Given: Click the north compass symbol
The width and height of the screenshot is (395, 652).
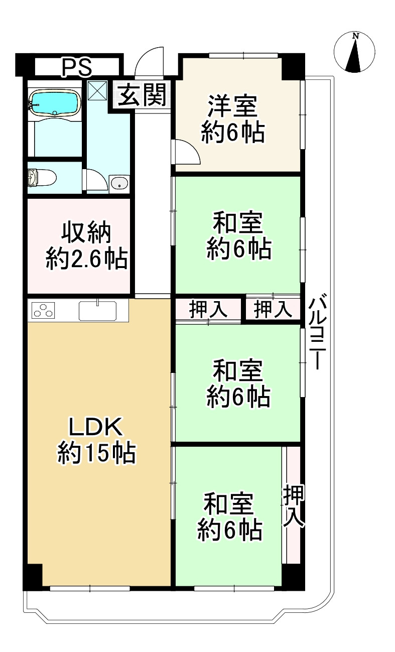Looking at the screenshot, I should [355, 52].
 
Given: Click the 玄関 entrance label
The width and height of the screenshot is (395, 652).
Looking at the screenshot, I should [143, 95].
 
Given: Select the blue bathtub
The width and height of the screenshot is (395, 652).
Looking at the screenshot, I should [55, 102].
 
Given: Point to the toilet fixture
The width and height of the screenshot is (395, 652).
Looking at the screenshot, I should [41, 177].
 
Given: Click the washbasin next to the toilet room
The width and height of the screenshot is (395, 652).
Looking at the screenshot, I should [119, 183].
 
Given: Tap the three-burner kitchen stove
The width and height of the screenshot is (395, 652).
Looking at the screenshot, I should [43, 311].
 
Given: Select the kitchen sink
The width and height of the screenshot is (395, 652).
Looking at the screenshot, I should [97, 311].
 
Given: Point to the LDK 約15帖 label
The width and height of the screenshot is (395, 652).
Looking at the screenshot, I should [95, 440].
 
